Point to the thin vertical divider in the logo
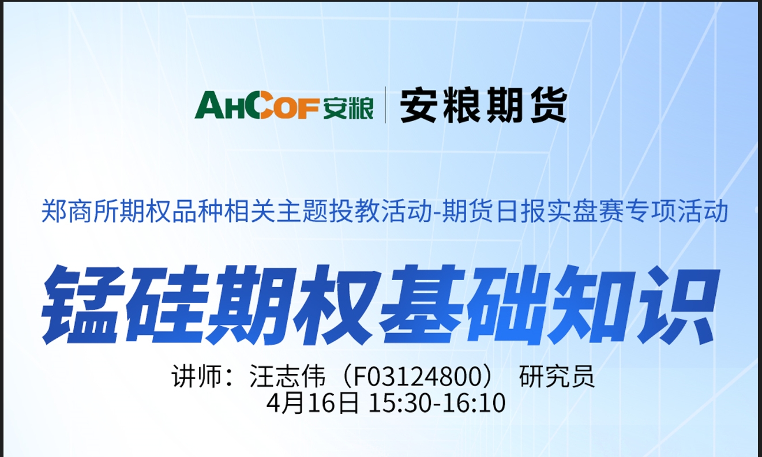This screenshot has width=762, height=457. [385, 105]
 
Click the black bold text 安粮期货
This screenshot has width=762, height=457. [483, 105]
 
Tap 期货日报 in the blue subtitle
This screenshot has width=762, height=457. [494, 211]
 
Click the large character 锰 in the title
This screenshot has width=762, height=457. [82, 304]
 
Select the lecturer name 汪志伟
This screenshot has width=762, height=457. [287, 376]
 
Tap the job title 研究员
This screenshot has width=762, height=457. [557, 376]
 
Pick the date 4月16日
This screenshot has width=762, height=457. [312, 403]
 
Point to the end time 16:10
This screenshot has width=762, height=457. [474, 403]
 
